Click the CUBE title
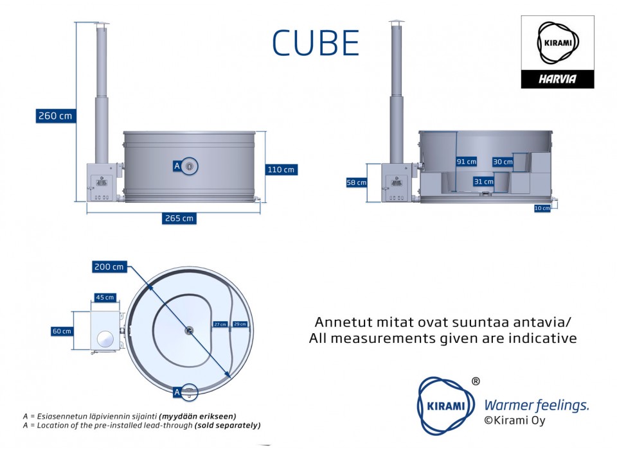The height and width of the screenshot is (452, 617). point(315,43)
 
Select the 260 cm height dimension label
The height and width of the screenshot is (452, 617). point(55,116)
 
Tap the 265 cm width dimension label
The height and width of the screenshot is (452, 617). point(179,218)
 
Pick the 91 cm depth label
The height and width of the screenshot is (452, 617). point(467,162)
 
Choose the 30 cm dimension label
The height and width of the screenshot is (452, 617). point(503,162)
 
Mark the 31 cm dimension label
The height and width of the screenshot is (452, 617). point(483,182)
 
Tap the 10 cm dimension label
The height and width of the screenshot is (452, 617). point(542,208)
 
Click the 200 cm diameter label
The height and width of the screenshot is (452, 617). point(109,266)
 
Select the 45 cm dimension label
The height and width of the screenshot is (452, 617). point(105,297)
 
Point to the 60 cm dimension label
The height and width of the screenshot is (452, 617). point(62,331)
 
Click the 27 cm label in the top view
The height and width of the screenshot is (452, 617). point(220,324)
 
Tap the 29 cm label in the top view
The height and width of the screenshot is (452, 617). point(240,324)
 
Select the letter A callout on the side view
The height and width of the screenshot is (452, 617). point(177,166)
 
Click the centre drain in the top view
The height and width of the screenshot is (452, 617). point(188,330)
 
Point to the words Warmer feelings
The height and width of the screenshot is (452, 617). point(536,405)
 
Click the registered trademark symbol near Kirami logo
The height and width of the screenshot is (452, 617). point(476,381)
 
